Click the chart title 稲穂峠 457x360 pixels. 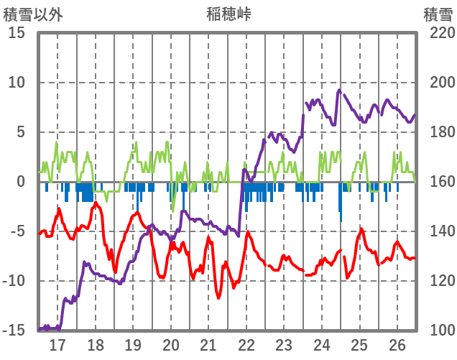(228, 14)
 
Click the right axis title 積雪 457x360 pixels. (438, 14)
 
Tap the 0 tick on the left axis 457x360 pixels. (22, 182)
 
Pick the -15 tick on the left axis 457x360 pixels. (15, 331)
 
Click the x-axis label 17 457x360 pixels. (57, 345)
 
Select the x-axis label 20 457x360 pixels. (171, 345)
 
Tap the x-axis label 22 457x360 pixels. (246, 345)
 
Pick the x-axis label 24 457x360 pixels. (322, 345)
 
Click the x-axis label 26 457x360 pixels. (397, 345)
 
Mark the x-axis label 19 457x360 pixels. (133, 345)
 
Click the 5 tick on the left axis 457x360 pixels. (22, 132)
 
